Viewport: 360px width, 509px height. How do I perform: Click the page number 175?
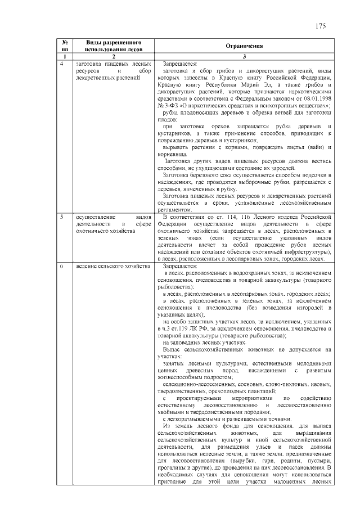pyautogui.click(x=321, y=26)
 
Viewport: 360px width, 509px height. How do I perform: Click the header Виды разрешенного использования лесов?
pyautogui.click(x=112, y=46)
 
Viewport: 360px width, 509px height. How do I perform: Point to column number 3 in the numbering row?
pyautogui.click(x=244, y=57)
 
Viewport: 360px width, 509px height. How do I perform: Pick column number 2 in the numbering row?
pyautogui.click(x=112, y=57)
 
